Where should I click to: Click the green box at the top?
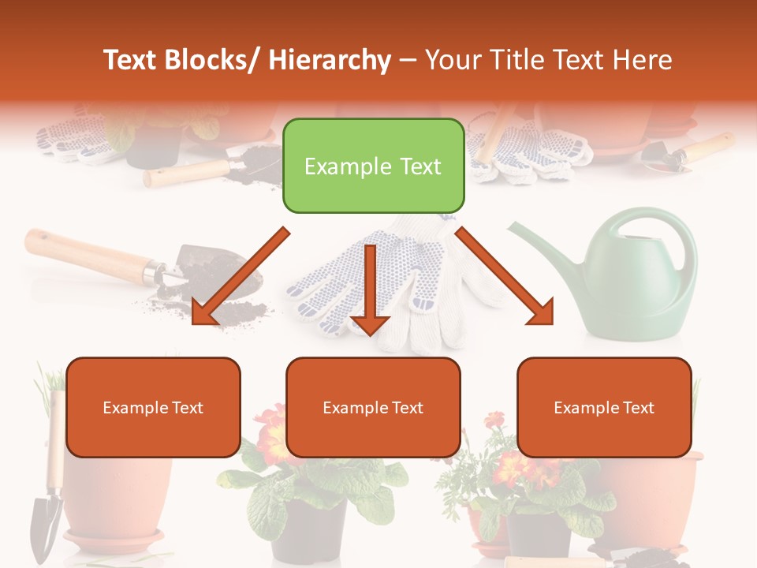tap(373, 166)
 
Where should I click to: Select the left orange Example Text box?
tap(153, 407)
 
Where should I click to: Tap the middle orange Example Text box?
tap(373, 407)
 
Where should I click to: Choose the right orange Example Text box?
tap(604, 407)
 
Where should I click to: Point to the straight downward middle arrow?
tap(370, 292)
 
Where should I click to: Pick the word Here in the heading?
tap(644, 60)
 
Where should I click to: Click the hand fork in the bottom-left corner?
tap(47, 505)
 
